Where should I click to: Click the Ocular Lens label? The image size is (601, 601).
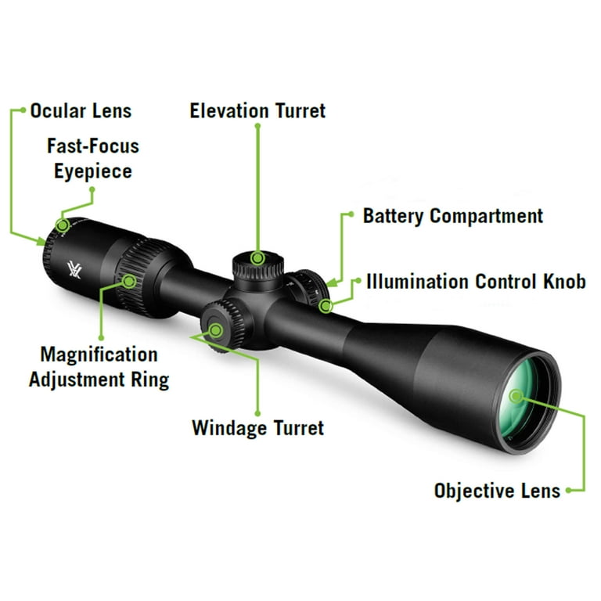81,111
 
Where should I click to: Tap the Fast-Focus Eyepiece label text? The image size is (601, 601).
93,159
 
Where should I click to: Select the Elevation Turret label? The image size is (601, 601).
257,111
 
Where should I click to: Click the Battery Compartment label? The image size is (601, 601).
452,216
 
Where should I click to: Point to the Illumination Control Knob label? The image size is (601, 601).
476,282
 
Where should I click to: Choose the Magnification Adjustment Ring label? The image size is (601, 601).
99,367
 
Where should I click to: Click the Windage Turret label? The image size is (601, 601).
258,428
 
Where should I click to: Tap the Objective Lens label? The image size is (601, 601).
497,491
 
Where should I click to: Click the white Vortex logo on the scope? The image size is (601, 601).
74,269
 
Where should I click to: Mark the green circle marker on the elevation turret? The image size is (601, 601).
257,258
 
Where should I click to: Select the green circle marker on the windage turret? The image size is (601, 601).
216,330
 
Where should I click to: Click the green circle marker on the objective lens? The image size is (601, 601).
516,396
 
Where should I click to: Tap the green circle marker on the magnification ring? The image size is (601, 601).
129,282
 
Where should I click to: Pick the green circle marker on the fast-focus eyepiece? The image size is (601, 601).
63,225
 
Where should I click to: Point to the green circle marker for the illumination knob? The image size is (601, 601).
326,306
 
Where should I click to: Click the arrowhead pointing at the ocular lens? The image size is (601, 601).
41,241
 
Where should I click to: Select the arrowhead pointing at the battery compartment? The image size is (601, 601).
332,283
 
